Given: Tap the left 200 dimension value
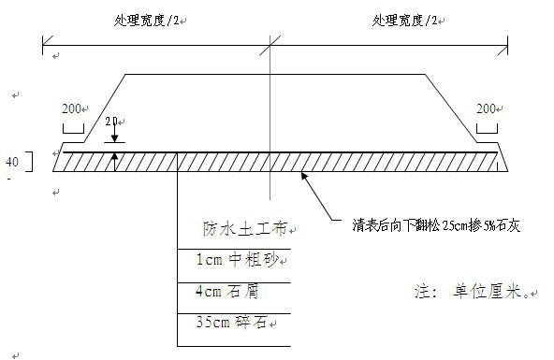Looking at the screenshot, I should click(x=72, y=109).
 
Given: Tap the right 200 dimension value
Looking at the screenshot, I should click(x=486, y=109).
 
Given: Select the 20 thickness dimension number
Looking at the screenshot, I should click(x=112, y=122).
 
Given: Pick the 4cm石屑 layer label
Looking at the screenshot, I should click(x=227, y=291).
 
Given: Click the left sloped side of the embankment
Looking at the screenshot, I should click(x=106, y=108).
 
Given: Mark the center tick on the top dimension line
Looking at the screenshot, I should click(x=271, y=40).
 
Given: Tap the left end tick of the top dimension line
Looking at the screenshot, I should click(x=43, y=40).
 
